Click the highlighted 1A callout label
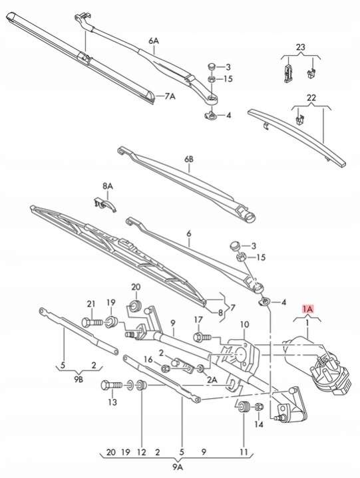click(x=307, y=309)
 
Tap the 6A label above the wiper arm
click(x=154, y=41)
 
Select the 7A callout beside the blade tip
click(x=170, y=96)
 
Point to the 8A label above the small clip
click(x=107, y=186)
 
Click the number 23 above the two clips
click(x=301, y=47)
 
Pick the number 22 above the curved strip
click(x=311, y=98)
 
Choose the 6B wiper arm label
click(x=189, y=159)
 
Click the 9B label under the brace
click(x=79, y=379)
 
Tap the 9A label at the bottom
click(x=178, y=467)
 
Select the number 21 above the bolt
click(x=91, y=304)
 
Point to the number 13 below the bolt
click(x=112, y=402)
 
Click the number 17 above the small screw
click(x=198, y=320)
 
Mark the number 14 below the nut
click(x=259, y=424)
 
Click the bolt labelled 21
click(x=92, y=322)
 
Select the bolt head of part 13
click(x=106, y=385)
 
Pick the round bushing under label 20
click(x=136, y=305)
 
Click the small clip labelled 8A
click(x=104, y=203)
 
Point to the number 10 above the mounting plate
click(x=245, y=324)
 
